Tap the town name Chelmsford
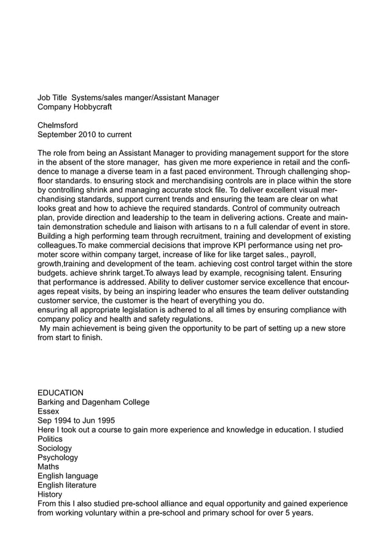[58, 125]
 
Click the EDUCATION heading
[61, 393]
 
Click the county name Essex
[49, 412]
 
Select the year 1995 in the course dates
[104, 421]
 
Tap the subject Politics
[50, 439]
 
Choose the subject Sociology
[55, 449]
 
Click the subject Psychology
[58, 458]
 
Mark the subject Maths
[49, 467]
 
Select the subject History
[50, 495]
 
